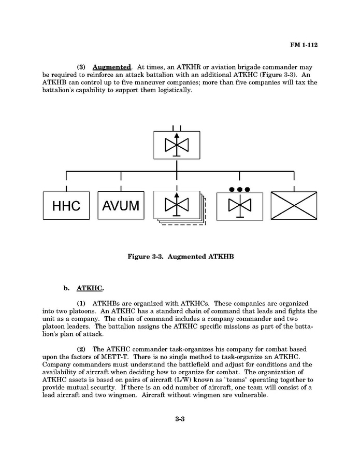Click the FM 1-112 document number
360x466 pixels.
click(x=304, y=45)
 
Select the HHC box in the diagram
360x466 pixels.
click(x=66, y=206)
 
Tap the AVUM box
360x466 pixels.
click(x=121, y=206)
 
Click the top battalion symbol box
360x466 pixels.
click(x=177, y=145)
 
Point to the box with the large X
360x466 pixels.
click(x=294, y=206)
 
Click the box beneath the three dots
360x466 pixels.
click(x=239, y=206)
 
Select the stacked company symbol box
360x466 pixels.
click(x=177, y=205)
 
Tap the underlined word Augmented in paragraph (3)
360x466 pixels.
click(x=111, y=67)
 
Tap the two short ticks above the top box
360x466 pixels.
click(x=177, y=127)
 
